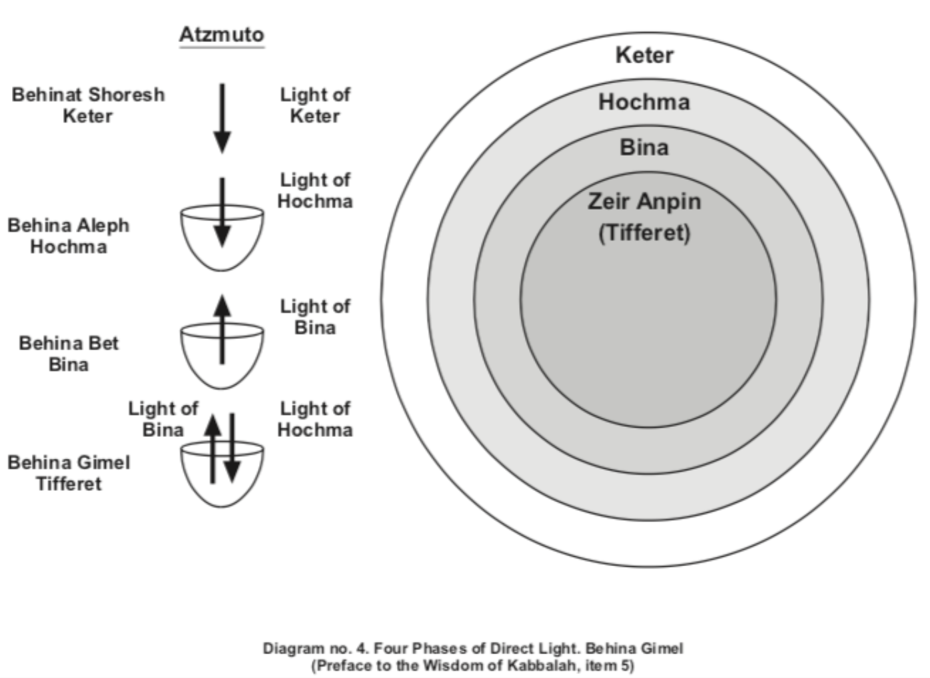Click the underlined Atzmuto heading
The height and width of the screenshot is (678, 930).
point(221,35)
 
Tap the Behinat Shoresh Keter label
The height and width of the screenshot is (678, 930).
point(88,105)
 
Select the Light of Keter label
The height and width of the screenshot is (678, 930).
point(314,105)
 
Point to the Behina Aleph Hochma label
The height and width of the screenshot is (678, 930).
point(68,236)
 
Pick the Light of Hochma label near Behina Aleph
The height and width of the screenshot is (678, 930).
point(314,190)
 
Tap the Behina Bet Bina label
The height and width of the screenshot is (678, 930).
point(69,354)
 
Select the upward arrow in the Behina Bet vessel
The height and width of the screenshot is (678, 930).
point(223,329)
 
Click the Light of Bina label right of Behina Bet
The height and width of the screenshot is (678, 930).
point(314,317)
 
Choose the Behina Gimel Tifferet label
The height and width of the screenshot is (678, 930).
point(69,473)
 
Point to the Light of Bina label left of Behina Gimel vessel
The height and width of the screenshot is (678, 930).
point(163,419)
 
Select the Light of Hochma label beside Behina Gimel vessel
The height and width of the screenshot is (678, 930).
point(314,419)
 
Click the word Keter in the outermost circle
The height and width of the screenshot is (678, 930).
point(644,55)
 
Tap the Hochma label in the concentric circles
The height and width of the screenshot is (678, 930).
point(644,102)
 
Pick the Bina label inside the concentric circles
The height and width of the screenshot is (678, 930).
point(644,147)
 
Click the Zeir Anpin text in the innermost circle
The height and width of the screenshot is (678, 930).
point(644,201)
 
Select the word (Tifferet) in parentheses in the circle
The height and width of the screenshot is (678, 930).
point(644,233)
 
